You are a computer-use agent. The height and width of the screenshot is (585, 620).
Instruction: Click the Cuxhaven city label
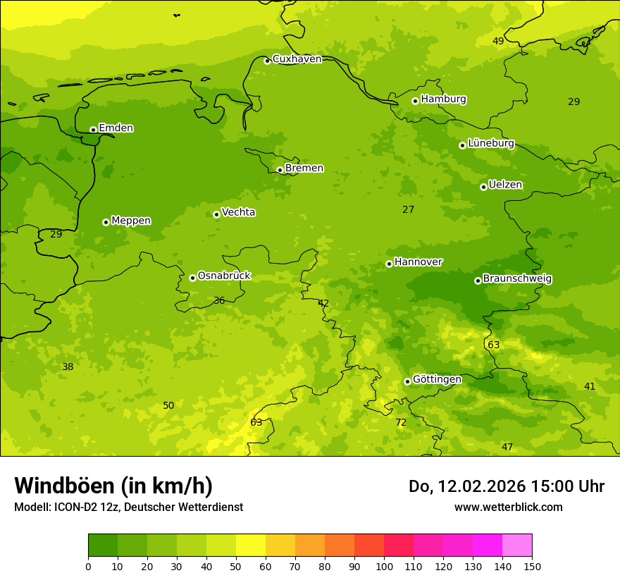(x=297, y=59)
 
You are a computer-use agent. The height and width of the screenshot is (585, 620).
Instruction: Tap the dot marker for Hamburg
(x=415, y=101)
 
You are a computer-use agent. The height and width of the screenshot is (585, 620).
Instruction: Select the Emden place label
(x=116, y=128)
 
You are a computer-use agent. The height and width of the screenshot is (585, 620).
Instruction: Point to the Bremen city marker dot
(x=280, y=170)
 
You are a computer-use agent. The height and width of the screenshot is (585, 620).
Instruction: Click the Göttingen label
(x=437, y=380)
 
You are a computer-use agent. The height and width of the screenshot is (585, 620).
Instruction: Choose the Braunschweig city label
(x=517, y=279)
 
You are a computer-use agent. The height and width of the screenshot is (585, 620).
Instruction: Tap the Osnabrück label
(x=224, y=276)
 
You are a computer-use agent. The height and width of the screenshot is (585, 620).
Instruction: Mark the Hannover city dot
(x=389, y=264)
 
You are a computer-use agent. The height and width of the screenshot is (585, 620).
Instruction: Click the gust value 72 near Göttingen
(x=401, y=423)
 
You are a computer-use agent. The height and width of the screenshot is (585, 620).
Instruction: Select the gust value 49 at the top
(x=498, y=41)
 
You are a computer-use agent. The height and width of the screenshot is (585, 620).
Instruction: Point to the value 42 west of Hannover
(x=323, y=304)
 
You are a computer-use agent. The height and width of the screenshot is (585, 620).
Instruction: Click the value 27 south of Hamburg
(x=408, y=209)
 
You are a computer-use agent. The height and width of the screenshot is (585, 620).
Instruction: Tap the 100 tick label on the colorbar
(x=384, y=566)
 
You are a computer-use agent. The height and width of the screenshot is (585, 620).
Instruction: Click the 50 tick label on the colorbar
(x=236, y=566)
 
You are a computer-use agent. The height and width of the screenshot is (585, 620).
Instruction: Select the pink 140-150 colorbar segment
(x=517, y=546)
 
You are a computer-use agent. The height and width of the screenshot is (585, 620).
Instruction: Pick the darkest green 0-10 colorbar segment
(x=103, y=546)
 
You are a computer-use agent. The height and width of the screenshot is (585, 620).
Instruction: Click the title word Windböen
(x=64, y=486)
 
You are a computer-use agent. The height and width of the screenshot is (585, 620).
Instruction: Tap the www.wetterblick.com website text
(x=508, y=507)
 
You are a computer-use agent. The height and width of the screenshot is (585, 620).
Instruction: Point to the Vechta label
(x=238, y=212)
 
